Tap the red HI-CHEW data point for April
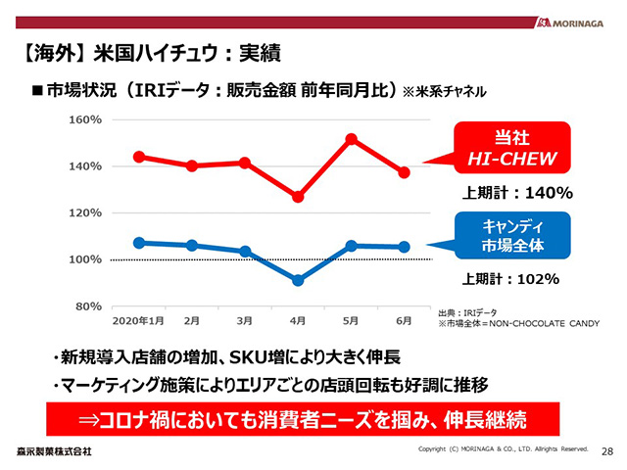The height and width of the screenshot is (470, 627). pyautogui.click(x=298, y=197)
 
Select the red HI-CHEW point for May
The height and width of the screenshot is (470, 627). pyautogui.click(x=351, y=140)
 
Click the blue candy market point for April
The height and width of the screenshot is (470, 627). pyautogui.click(x=298, y=280)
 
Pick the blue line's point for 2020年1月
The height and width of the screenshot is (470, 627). pyautogui.click(x=139, y=243)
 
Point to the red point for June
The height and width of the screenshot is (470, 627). pyautogui.click(x=404, y=172)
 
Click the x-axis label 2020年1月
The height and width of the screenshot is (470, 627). pyautogui.click(x=138, y=320)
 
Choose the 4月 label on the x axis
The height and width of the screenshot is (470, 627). pyautogui.click(x=298, y=320)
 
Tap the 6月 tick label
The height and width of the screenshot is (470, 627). pyautogui.click(x=404, y=320)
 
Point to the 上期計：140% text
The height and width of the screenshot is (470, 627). pyautogui.click(x=517, y=193)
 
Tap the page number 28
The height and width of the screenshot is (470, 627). pyautogui.click(x=606, y=450)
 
